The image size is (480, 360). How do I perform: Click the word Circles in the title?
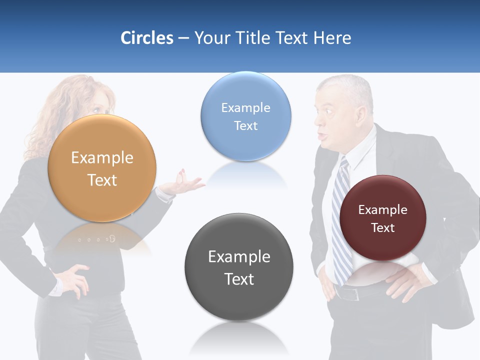tap(147, 38)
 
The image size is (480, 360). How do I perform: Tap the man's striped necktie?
tap(342, 220)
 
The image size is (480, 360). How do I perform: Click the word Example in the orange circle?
tap(102, 158)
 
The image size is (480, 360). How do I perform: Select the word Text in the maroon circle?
tap(383, 228)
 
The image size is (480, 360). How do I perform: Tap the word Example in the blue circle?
tap(245, 108)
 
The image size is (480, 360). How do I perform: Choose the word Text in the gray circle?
tap(239, 279)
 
